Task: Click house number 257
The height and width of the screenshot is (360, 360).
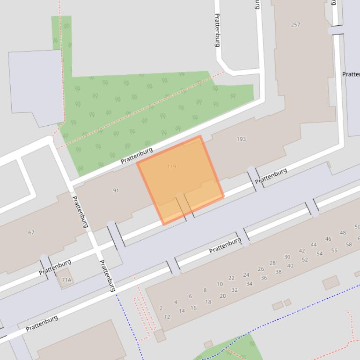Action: coord(295,25)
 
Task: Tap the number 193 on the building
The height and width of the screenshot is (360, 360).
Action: coord(241,139)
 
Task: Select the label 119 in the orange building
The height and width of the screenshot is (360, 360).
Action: coord(171,166)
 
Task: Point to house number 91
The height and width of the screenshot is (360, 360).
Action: coord(116,190)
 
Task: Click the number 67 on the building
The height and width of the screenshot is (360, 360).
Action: coord(31,232)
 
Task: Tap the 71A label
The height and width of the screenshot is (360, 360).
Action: coord(66,280)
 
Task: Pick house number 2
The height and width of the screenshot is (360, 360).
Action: coord(161,308)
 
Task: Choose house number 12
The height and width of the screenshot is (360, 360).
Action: coord(167,317)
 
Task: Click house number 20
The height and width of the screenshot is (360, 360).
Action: coord(222,296)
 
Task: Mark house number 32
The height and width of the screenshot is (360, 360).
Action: coord(235,290)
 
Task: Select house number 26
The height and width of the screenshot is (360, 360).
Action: coord(261,269)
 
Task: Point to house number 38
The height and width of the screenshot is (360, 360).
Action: coord(279,272)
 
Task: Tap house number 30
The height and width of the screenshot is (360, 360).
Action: coord(287,257)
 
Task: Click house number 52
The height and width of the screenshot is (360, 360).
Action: coord(305,260)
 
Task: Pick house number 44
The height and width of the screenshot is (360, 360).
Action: coord(313,245)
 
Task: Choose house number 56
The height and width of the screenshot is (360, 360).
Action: coord(334,251)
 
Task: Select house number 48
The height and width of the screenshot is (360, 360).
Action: coord(343,232)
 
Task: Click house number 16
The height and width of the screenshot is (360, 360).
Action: coord(193,308)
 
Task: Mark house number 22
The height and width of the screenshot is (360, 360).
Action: coord(231,278)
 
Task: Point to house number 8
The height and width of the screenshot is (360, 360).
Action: coord(205,290)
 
